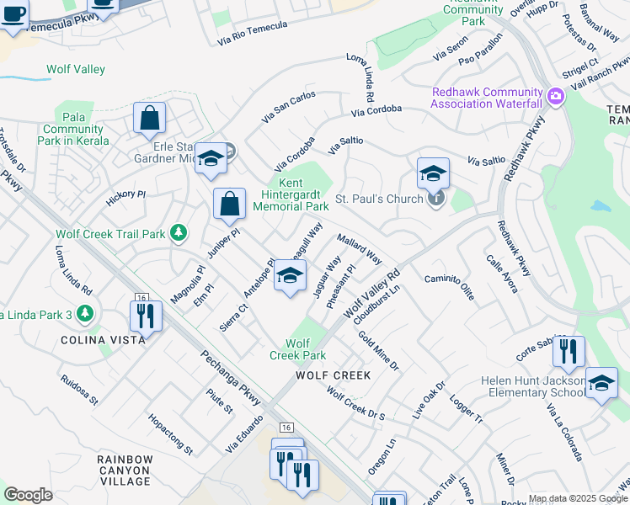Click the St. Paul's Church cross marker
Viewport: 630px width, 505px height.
coord(435,199)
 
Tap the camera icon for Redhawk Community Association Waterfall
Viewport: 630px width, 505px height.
coord(555,97)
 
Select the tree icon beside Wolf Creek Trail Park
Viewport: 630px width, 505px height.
coord(178,233)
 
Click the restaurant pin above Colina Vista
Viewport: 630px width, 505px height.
coord(146,316)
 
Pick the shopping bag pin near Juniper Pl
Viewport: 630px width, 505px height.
coord(229,204)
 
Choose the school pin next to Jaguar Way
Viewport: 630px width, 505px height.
coord(290,277)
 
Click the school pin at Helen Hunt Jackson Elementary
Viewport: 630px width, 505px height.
coord(601,383)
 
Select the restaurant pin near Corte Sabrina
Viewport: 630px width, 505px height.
coord(569,351)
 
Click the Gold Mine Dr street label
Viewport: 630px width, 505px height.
coord(378,351)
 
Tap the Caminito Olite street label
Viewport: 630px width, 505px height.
coord(449,287)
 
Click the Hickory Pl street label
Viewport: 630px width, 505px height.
coord(126,198)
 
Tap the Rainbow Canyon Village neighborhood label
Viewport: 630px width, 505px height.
coord(125,470)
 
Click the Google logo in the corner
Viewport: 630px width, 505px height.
coord(28,495)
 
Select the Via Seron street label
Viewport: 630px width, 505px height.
coord(451,51)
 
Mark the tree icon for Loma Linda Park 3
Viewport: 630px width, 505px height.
coord(84,314)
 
